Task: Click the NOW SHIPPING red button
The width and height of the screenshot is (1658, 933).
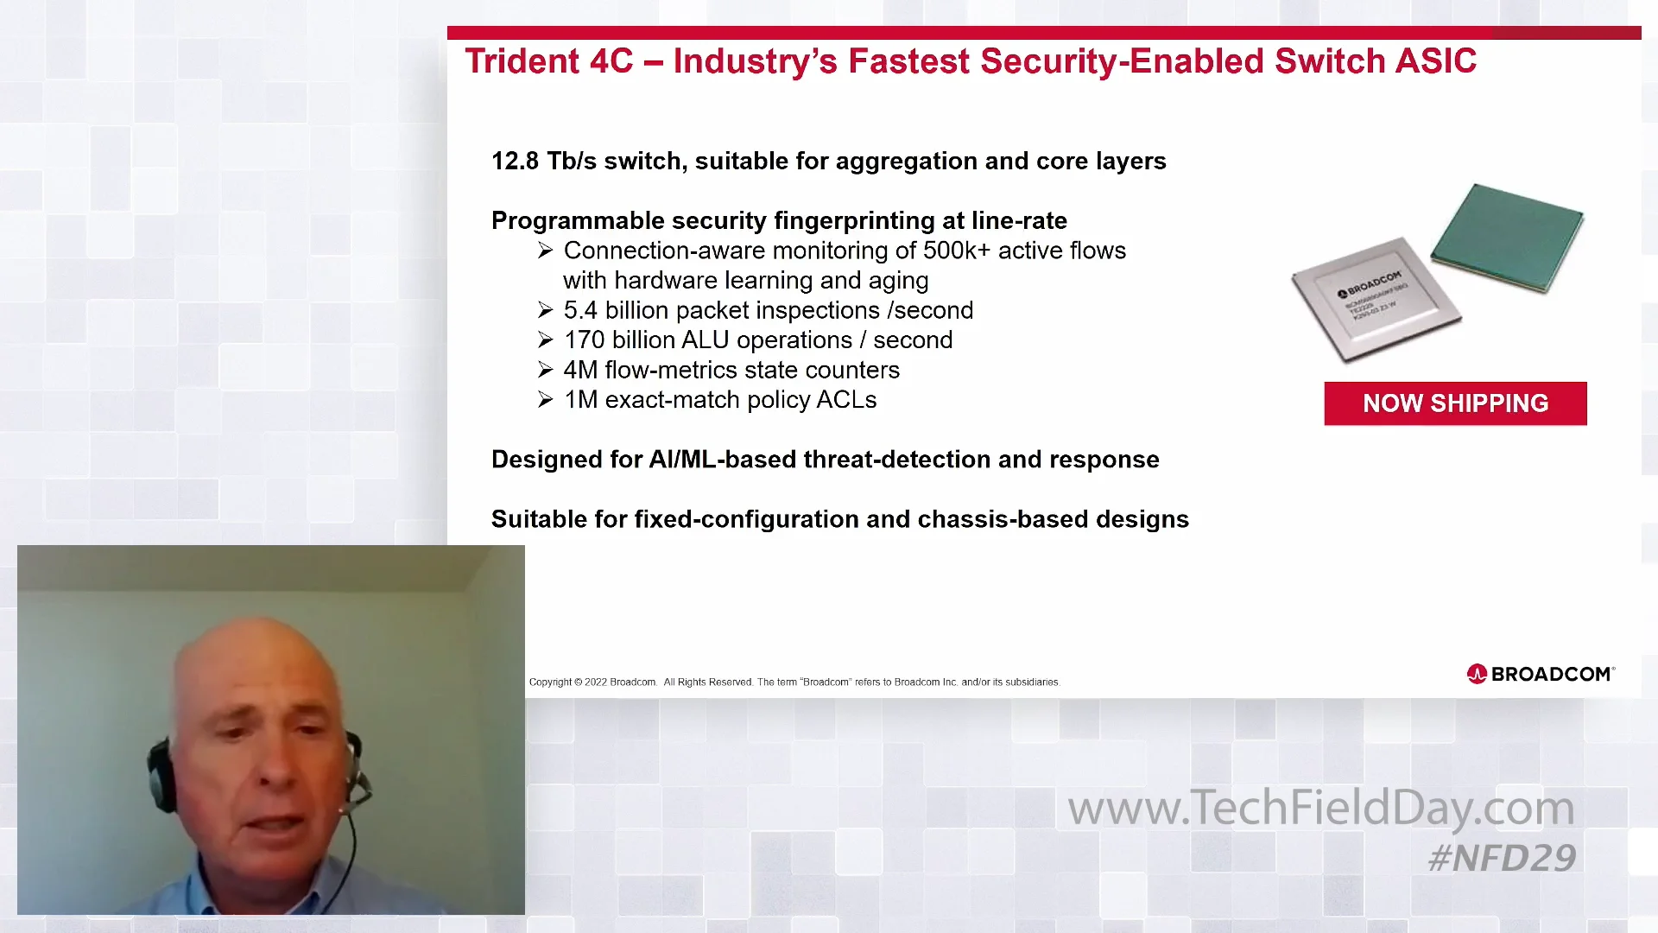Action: (1455, 403)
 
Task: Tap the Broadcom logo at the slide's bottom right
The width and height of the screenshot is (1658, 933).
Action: (1540, 674)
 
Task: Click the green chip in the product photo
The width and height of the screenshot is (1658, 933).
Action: (1507, 238)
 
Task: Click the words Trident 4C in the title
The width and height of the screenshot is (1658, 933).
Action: (548, 61)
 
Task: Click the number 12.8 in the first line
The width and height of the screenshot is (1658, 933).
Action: (515, 162)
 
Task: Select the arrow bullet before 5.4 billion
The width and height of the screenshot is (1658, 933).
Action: (545, 310)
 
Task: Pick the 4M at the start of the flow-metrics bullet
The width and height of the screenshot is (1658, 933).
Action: (580, 370)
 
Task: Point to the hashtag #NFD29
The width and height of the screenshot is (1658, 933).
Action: (1502, 858)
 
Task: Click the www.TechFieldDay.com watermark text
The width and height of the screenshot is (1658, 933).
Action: (1320, 808)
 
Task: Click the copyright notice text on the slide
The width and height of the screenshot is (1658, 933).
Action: (793, 682)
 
